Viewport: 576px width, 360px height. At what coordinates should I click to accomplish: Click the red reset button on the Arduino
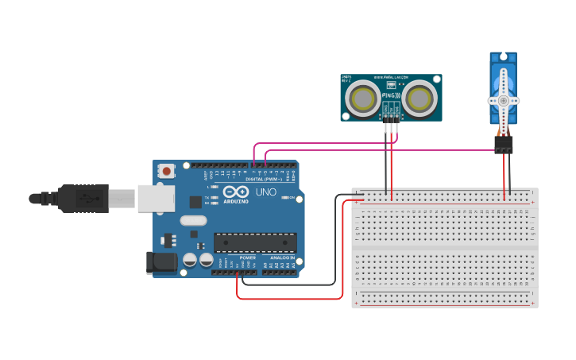[167, 170]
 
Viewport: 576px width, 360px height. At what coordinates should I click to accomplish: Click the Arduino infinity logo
[236, 192]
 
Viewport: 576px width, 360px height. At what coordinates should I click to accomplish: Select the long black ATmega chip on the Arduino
[255, 242]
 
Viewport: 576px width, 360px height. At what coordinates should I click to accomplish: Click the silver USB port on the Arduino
[156, 199]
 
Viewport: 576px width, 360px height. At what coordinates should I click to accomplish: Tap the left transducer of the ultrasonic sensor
[365, 99]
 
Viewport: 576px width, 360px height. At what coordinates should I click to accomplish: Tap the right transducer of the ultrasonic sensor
[418, 99]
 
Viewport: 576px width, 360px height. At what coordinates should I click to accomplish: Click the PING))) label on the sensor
[391, 96]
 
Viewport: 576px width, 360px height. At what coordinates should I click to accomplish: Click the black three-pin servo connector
[503, 145]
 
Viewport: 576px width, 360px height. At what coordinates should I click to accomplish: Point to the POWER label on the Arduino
[248, 257]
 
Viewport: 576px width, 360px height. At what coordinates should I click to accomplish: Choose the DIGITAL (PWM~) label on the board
[265, 179]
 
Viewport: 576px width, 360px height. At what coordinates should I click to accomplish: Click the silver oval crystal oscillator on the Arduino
[193, 221]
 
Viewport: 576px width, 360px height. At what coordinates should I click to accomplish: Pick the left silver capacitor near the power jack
[190, 260]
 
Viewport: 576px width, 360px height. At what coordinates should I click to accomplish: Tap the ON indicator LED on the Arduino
[285, 197]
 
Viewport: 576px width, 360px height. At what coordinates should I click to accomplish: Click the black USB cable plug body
[83, 199]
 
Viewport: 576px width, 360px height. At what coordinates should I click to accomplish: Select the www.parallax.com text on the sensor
[391, 78]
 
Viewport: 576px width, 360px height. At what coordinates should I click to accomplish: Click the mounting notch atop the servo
[502, 57]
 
